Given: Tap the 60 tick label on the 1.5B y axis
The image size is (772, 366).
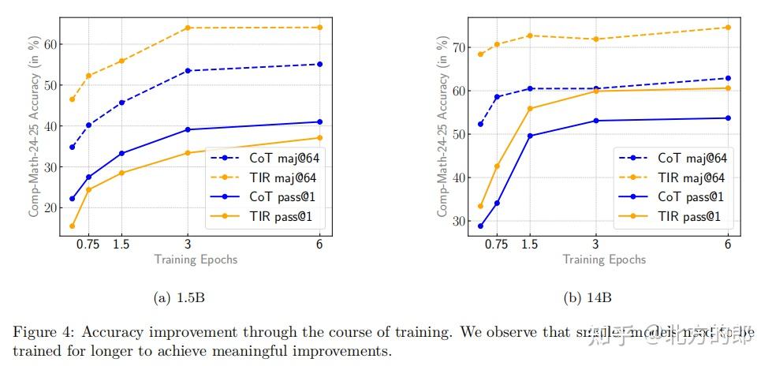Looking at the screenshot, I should [51, 44].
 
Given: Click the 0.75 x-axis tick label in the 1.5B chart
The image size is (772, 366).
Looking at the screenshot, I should [88, 245].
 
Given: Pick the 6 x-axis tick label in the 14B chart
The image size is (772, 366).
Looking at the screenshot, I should [728, 245].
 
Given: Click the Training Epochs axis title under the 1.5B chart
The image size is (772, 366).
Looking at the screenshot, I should [196, 260].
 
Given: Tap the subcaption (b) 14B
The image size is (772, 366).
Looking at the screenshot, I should [587, 298].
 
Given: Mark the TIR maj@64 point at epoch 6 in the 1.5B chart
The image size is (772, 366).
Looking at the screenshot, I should [319, 28].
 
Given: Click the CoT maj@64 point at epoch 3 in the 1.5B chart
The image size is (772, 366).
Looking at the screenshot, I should [188, 71].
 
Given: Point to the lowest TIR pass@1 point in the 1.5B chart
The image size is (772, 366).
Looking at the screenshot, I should [73, 226].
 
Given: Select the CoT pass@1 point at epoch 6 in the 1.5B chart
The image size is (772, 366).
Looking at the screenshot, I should [319, 121].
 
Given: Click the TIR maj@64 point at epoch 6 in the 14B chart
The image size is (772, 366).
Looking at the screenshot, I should [728, 28].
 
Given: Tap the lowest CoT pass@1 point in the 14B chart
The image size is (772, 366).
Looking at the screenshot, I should [480, 226].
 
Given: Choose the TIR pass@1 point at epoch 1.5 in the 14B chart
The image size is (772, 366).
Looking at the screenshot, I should [530, 108].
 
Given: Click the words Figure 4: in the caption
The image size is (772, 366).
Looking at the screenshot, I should [40, 331].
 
